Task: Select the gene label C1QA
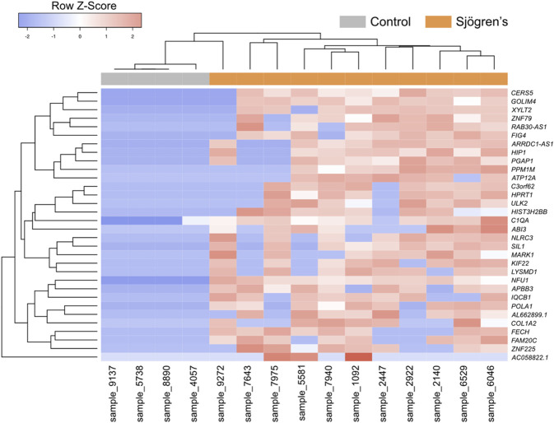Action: click(x=522, y=221)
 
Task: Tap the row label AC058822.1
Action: click(x=530, y=357)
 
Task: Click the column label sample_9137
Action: click(x=114, y=393)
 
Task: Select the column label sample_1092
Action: click(x=358, y=393)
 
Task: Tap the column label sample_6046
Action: click(x=494, y=393)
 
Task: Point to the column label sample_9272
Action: click(x=223, y=393)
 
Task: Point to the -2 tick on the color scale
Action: click(x=28, y=37)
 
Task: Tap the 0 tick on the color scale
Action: click(x=80, y=37)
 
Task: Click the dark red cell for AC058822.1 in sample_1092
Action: click(x=358, y=357)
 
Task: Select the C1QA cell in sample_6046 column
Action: click(x=494, y=221)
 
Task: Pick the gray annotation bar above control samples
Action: click(x=155, y=78)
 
